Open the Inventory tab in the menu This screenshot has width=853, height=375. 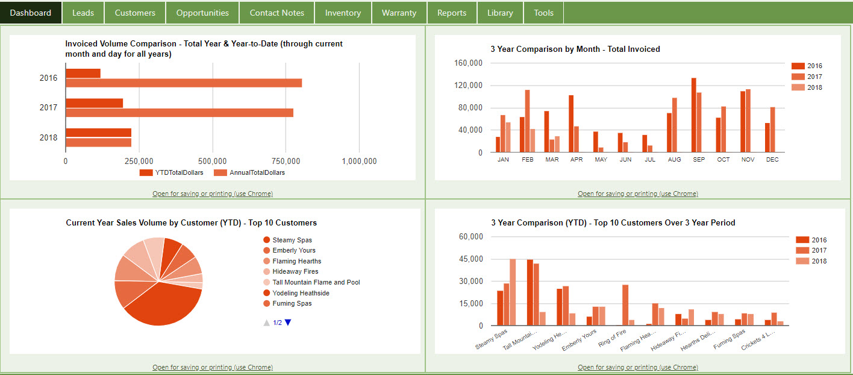pyautogui.click(x=343, y=13)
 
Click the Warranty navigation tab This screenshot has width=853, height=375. pyautogui.click(x=399, y=13)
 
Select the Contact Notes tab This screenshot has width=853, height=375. pyautogui.click(x=277, y=13)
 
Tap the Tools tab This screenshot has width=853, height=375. pyautogui.click(x=543, y=13)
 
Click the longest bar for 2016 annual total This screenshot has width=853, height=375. pyautogui.click(x=184, y=83)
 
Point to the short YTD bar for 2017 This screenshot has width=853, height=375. pyautogui.click(x=94, y=103)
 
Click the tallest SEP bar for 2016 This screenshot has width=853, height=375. pyautogui.click(x=694, y=115)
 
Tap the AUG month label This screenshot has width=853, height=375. pyautogui.click(x=674, y=160)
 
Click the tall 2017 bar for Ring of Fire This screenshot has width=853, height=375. pyautogui.click(x=625, y=305)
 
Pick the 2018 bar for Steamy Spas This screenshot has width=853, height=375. pyautogui.click(x=513, y=292)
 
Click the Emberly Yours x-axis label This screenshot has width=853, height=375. pyautogui.click(x=579, y=340)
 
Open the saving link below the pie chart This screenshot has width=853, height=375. pyautogui.click(x=213, y=367)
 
